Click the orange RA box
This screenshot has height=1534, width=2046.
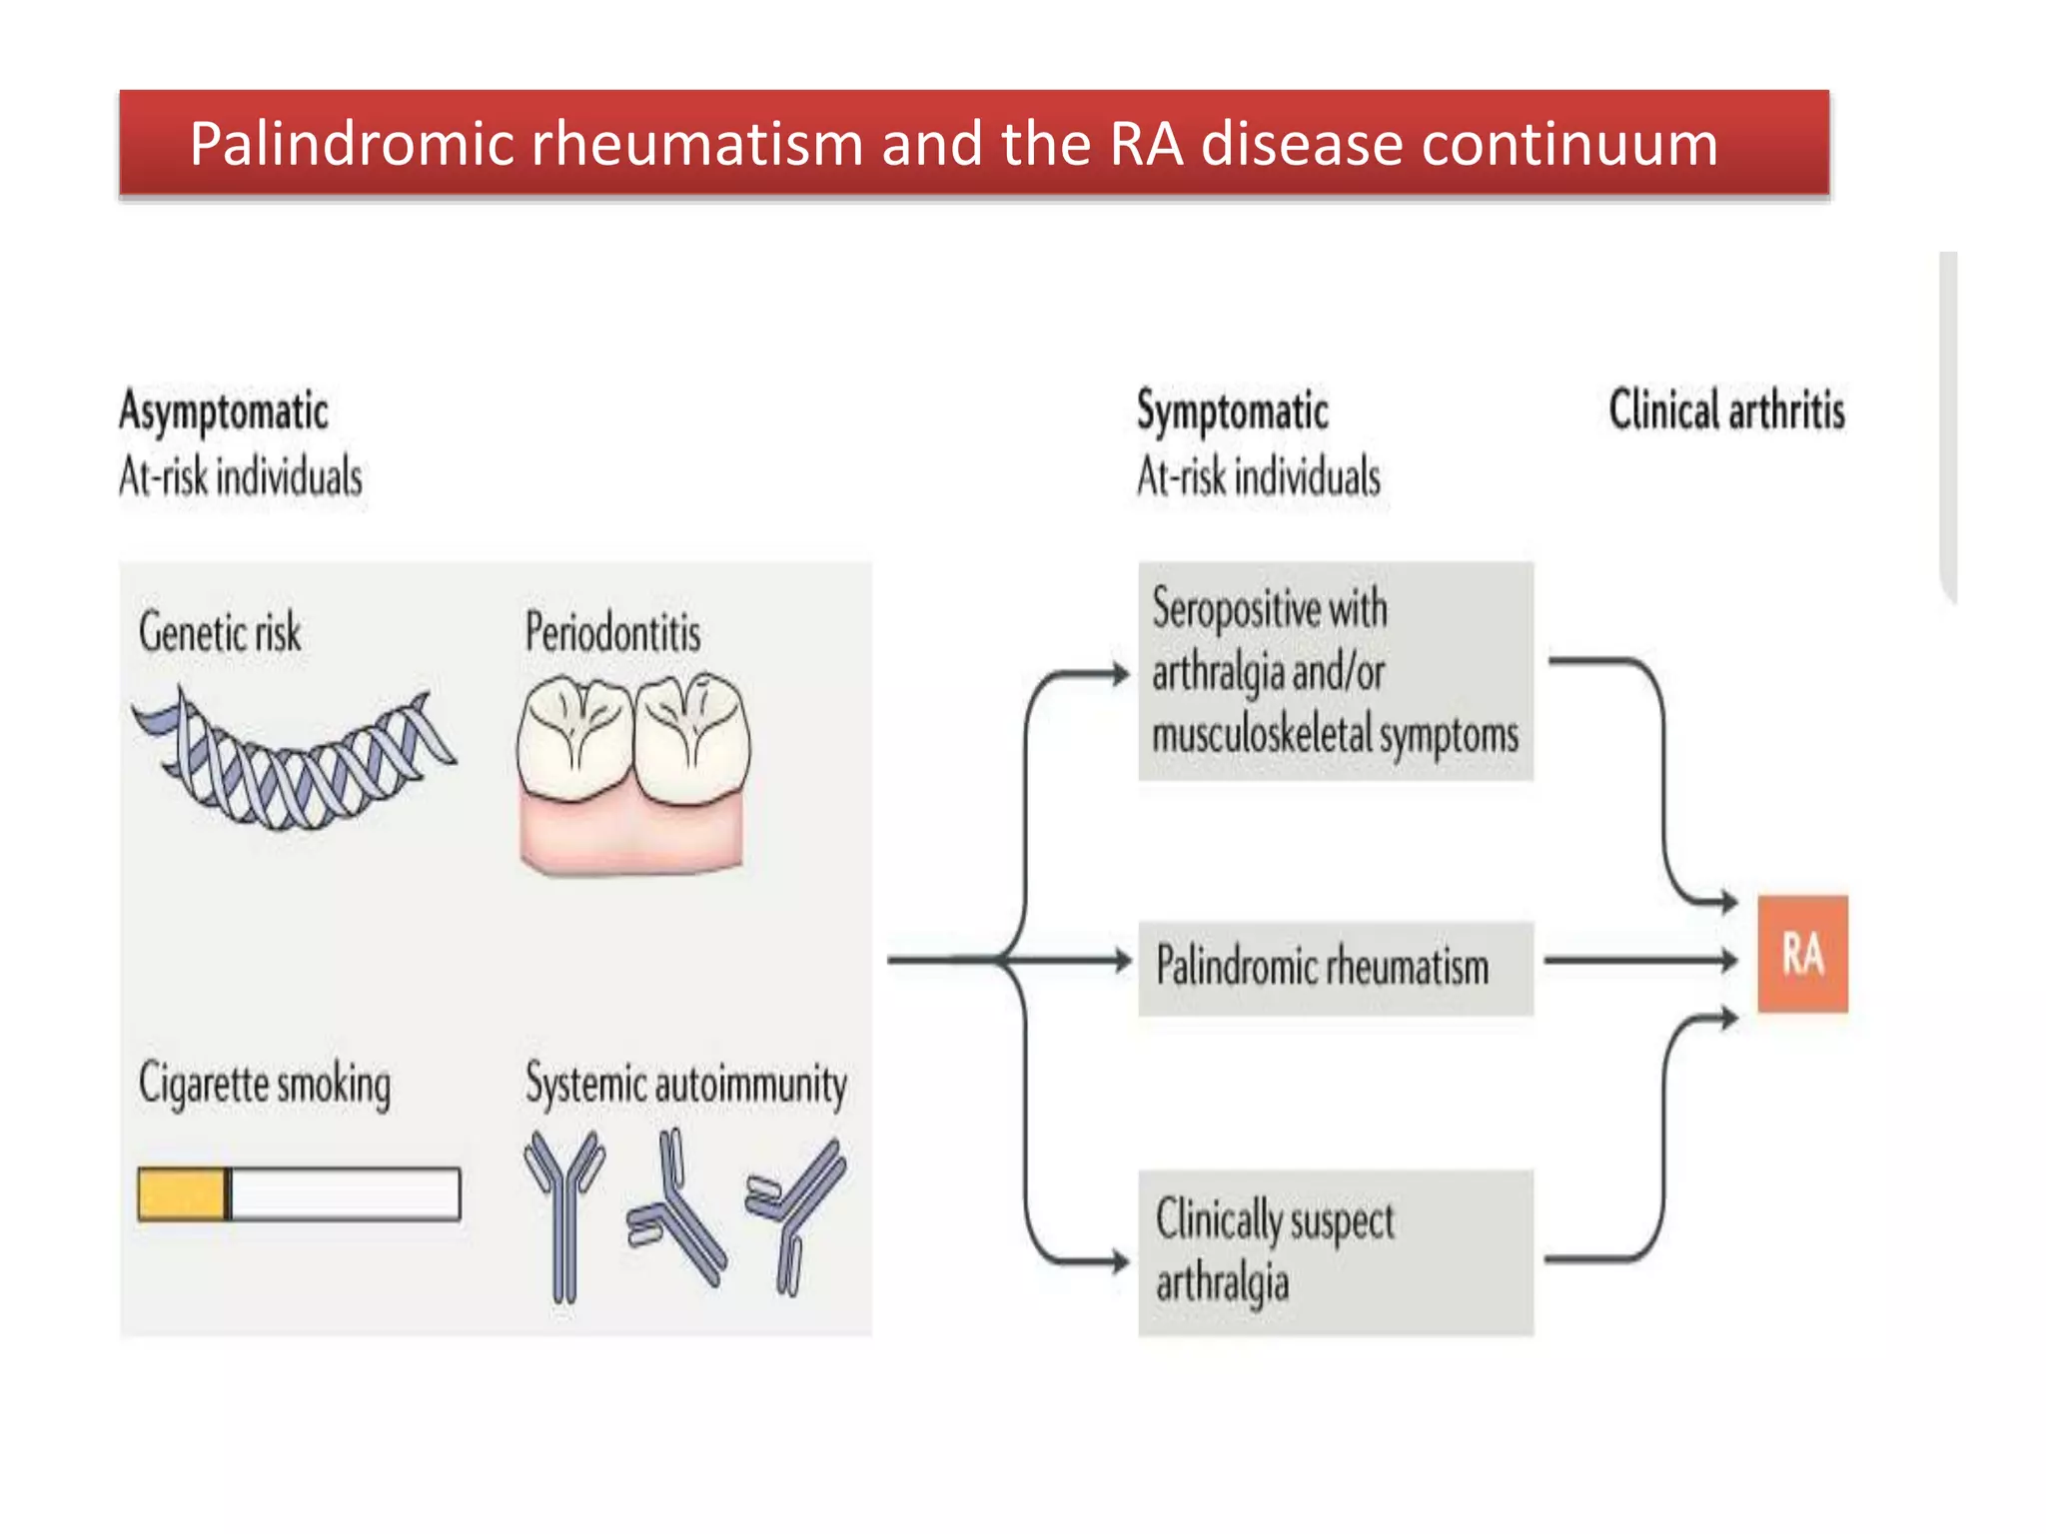[x=1802, y=954]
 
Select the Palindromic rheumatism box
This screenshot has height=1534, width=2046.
[x=1335, y=968]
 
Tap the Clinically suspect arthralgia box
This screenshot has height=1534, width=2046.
[x=1335, y=1252]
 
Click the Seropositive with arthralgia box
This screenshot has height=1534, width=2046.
[x=1335, y=671]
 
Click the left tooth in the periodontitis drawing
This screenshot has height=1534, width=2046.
[x=574, y=739]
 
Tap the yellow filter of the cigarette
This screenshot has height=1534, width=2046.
[x=182, y=1194]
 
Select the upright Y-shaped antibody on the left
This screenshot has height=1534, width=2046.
[x=564, y=1213]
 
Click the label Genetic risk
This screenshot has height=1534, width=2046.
[x=220, y=633]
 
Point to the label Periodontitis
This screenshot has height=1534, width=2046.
[x=612, y=633]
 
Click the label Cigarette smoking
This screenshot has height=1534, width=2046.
[x=265, y=1085]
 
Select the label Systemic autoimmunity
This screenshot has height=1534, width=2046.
[x=685, y=1085]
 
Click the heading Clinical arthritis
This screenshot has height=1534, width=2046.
[x=1726, y=410]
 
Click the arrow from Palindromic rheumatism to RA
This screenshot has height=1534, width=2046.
[x=1638, y=961]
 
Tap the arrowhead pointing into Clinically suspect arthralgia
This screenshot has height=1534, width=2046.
[x=1121, y=1260]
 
